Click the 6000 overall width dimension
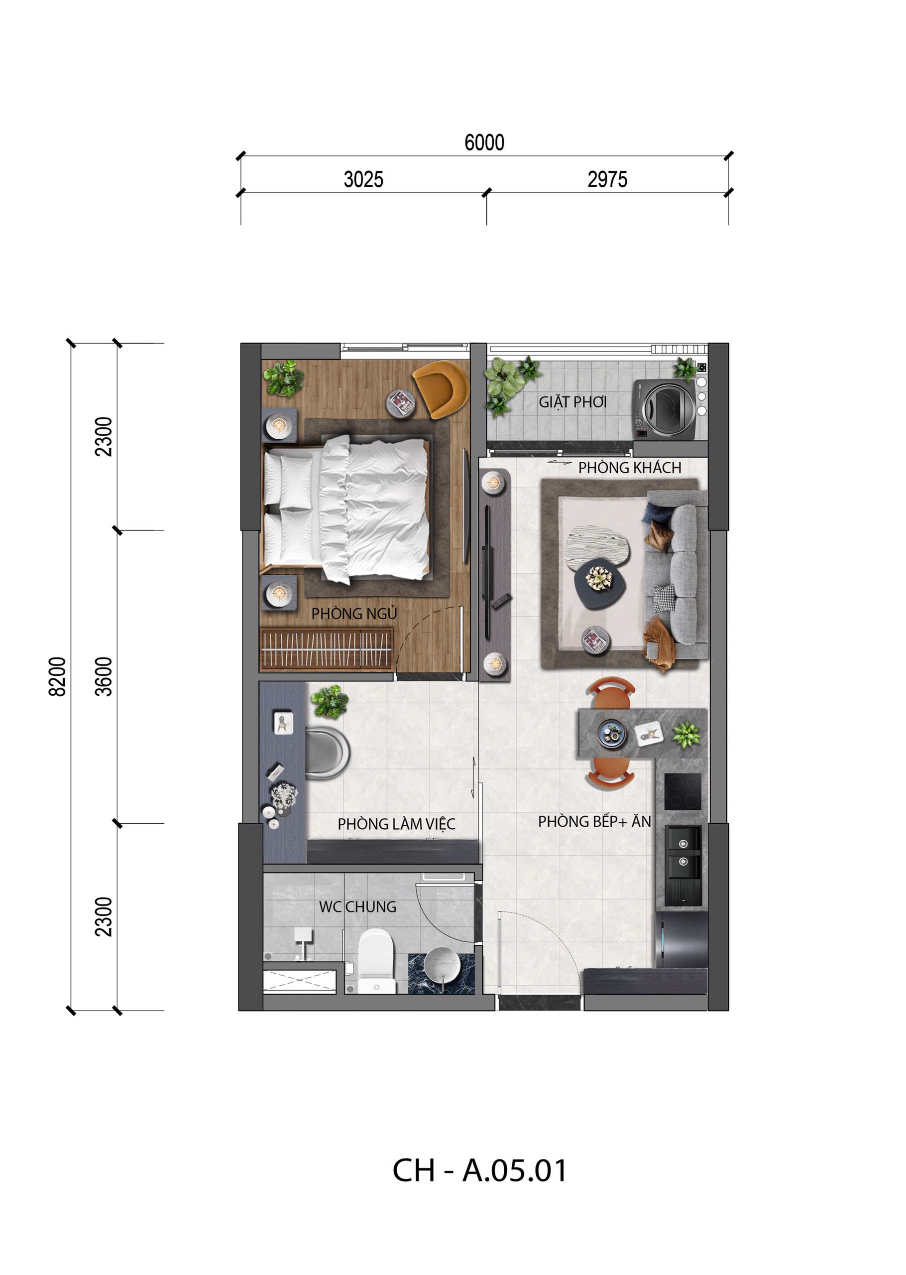(x=484, y=143)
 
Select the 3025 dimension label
(x=363, y=180)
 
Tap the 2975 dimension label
(x=607, y=180)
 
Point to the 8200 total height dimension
(x=57, y=677)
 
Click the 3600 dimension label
(x=104, y=677)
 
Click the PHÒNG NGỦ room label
(x=354, y=614)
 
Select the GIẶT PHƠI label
(x=572, y=402)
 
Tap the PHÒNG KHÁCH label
(x=629, y=468)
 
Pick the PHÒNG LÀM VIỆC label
(x=396, y=824)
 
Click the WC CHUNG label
(x=357, y=907)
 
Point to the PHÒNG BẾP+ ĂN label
(x=594, y=821)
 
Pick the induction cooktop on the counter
(x=682, y=791)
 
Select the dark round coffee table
(x=600, y=583)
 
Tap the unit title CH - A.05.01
(x=479, y=1170)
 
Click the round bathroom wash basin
(x=443, y=964)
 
